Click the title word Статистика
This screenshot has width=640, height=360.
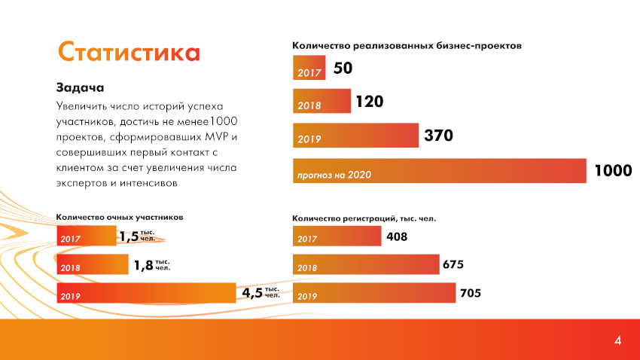pos(129,52)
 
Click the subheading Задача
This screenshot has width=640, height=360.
pos(80,87)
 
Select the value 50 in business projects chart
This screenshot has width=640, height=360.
pos(343,69)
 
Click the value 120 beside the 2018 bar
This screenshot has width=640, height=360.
pos(370,101)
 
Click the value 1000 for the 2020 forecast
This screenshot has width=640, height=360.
pos(612,171)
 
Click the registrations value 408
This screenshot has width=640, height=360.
pos(396,237)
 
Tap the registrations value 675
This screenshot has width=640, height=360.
pos(453,265)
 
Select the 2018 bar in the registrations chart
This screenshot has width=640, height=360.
pos(365,265)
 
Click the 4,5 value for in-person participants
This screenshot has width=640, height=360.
pos(252,293)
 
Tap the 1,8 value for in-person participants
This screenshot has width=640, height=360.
pos(143,265)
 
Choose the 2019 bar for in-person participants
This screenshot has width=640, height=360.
pos(147,293)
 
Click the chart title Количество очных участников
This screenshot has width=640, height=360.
pos(120,217)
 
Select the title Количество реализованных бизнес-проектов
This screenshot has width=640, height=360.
pos(407,45)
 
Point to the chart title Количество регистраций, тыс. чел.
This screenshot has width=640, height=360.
pos(364,218)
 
